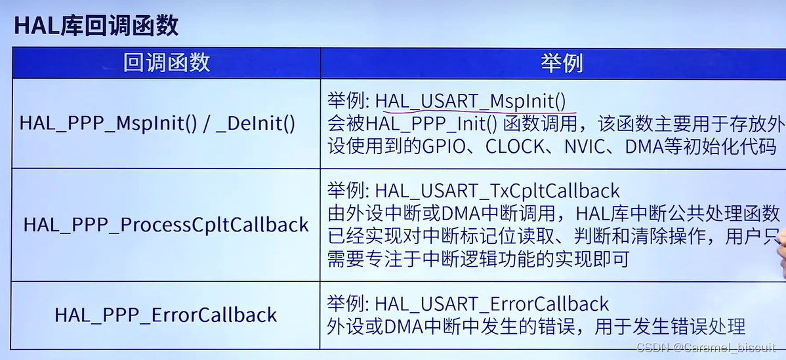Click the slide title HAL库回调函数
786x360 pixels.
[96, 26]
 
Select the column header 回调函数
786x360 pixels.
[166, 62]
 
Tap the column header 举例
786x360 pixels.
[562, 63]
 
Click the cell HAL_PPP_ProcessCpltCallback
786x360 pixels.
[166, 225]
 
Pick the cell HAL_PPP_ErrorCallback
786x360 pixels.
[166, 315]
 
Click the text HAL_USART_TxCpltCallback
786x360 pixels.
[497, 190]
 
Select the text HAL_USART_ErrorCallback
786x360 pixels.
[492, 304]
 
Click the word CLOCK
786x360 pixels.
[516, 146]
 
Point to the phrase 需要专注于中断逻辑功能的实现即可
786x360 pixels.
[478, 258]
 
